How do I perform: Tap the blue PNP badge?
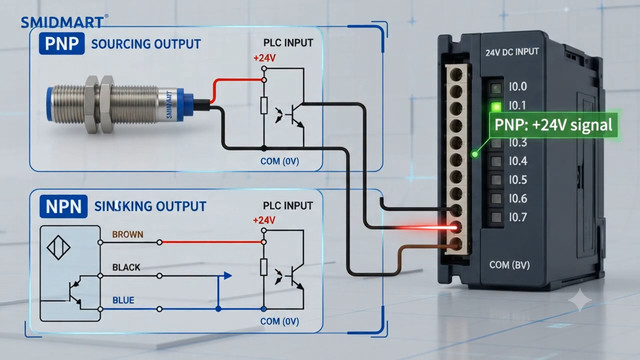(62, 43)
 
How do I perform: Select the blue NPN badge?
(63, 206)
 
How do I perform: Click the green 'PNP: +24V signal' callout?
(553, 125)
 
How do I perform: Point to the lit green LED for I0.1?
(496, 107)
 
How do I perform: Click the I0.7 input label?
(518, 217)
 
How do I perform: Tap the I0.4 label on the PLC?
(518, 161)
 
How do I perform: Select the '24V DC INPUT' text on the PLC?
(512, 52)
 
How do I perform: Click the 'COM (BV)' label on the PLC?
(509, 265)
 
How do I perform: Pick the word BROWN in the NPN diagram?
(128, 234)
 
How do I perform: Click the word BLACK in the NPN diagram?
(126, 267)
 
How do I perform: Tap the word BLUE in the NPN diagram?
(123, 300)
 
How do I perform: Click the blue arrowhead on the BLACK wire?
(228, 276)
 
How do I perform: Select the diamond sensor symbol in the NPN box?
(59, 247)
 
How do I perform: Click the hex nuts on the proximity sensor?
(98, 104)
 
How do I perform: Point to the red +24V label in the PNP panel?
(264, 58)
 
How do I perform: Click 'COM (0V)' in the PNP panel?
(280, 161)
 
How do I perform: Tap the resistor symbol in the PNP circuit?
(264, 105)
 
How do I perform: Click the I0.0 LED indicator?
(496, 88)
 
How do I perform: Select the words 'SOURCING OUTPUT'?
(146, 44)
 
